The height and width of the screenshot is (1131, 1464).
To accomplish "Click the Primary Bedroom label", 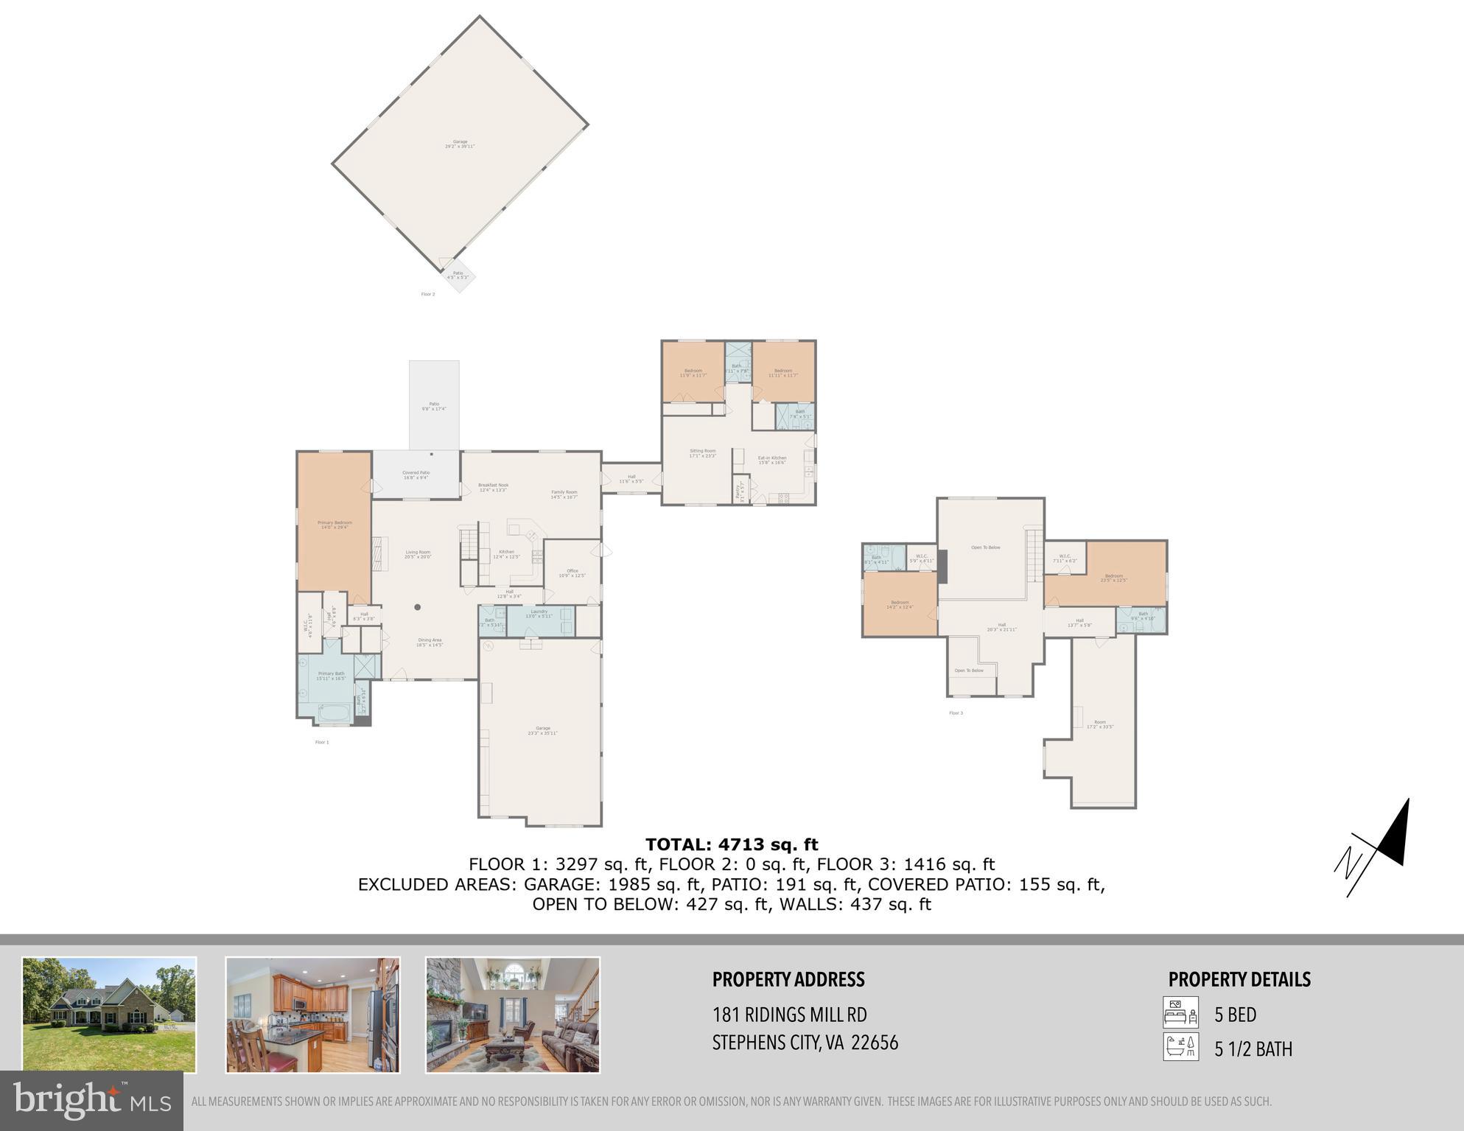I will (335, 524).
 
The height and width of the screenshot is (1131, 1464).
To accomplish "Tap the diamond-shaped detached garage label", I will (460, 144).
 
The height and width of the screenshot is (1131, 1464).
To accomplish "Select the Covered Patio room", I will (416, 475).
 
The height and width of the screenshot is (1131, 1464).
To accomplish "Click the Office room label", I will (572, 572).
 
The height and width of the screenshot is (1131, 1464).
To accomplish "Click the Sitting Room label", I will (702, 452).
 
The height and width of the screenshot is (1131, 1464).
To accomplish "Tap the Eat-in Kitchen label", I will (771, 460).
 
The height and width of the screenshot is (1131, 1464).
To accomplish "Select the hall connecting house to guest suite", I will (631, 478).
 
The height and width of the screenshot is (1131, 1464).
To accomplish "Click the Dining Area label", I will (430, 642).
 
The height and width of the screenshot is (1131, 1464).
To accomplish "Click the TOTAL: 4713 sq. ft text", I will (732, 844).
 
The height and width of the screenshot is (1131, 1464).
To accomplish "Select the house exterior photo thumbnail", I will (109, 1015).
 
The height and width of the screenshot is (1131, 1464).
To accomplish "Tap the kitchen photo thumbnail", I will (312, 1015).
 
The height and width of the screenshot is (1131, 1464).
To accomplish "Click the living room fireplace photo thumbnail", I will (513, 1015).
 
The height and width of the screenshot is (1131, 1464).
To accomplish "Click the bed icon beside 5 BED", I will (1180, 1012).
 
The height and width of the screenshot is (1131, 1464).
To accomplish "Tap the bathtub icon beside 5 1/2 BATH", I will (1180, 1047).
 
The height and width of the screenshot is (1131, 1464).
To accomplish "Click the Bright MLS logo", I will (91, 1101).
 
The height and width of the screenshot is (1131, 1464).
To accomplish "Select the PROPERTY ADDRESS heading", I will (788, 979).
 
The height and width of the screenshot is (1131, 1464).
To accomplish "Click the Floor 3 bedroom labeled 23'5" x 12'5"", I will (1113, 577).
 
